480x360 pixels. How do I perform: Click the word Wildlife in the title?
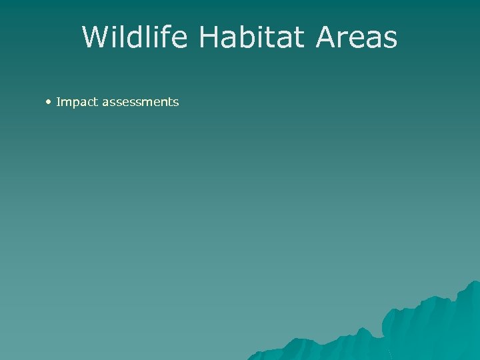136,37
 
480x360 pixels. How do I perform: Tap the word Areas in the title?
357,37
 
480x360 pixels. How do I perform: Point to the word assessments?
140,102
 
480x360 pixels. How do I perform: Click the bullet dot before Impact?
49,101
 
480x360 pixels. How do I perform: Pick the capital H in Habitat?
209,37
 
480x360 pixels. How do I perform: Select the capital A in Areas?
328,37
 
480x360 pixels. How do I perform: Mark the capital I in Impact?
59,102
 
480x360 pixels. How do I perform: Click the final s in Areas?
389,40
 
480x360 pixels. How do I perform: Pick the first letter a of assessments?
105,103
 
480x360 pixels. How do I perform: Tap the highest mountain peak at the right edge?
475,283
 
